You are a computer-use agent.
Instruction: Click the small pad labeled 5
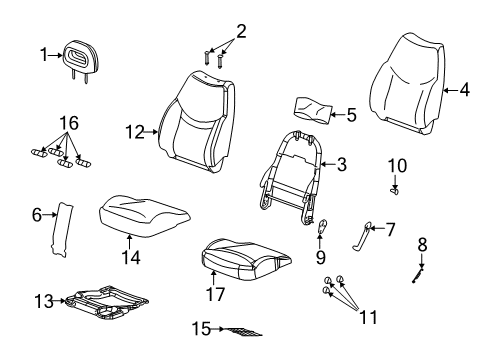314,112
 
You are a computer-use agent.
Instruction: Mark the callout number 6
35,214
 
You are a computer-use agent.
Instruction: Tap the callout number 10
397,163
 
